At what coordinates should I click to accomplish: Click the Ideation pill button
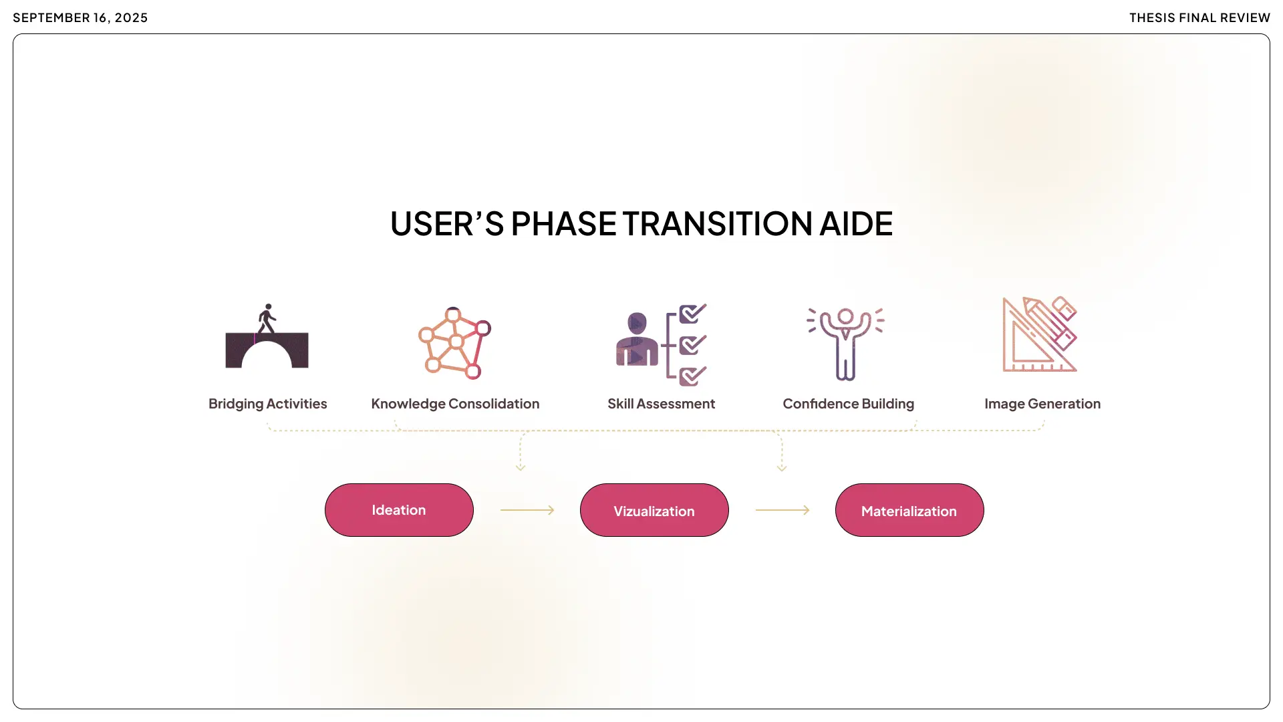pyautogui.click(x=399, y=510)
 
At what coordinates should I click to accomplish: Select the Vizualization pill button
pyautogui.click(x=654, y=510)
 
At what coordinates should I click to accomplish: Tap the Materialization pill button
pyautogui.click(x=909, y=510)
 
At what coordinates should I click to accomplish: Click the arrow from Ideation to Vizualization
pyautogui.click(x=527, y=510)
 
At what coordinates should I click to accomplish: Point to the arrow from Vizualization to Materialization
pyautogui.click(x=782, y=510)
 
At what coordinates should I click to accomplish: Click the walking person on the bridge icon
pyautogui.click(x=267, y=320)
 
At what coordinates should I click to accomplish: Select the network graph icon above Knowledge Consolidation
pyautogui.click(x=454, y=343)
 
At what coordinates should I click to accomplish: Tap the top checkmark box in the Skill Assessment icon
pyautogui.click(x=692, y=314)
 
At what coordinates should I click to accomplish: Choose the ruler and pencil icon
pyautogui.click(x=1040, y=334)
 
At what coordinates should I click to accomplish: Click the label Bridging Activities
pyautogui.click(x=267, y=404)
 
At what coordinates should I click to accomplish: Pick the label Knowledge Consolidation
pyautogui.click(x=455, y=404)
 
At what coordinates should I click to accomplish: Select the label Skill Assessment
pyautogui.click(x=661, y=404)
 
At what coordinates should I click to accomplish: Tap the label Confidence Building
pyautogui.click(x=848, y=404)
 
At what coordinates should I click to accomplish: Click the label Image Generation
pyautogui.click(x=1042, y=404)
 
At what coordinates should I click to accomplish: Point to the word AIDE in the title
pyautogui.click(x=856, y=224)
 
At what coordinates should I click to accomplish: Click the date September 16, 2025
pyautogui.click(x=80, y=18)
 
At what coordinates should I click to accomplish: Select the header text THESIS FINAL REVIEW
pyautogui.click(x=1199, y=18)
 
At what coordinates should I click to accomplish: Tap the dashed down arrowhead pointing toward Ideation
pyautogui.click(x=521, y=467)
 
